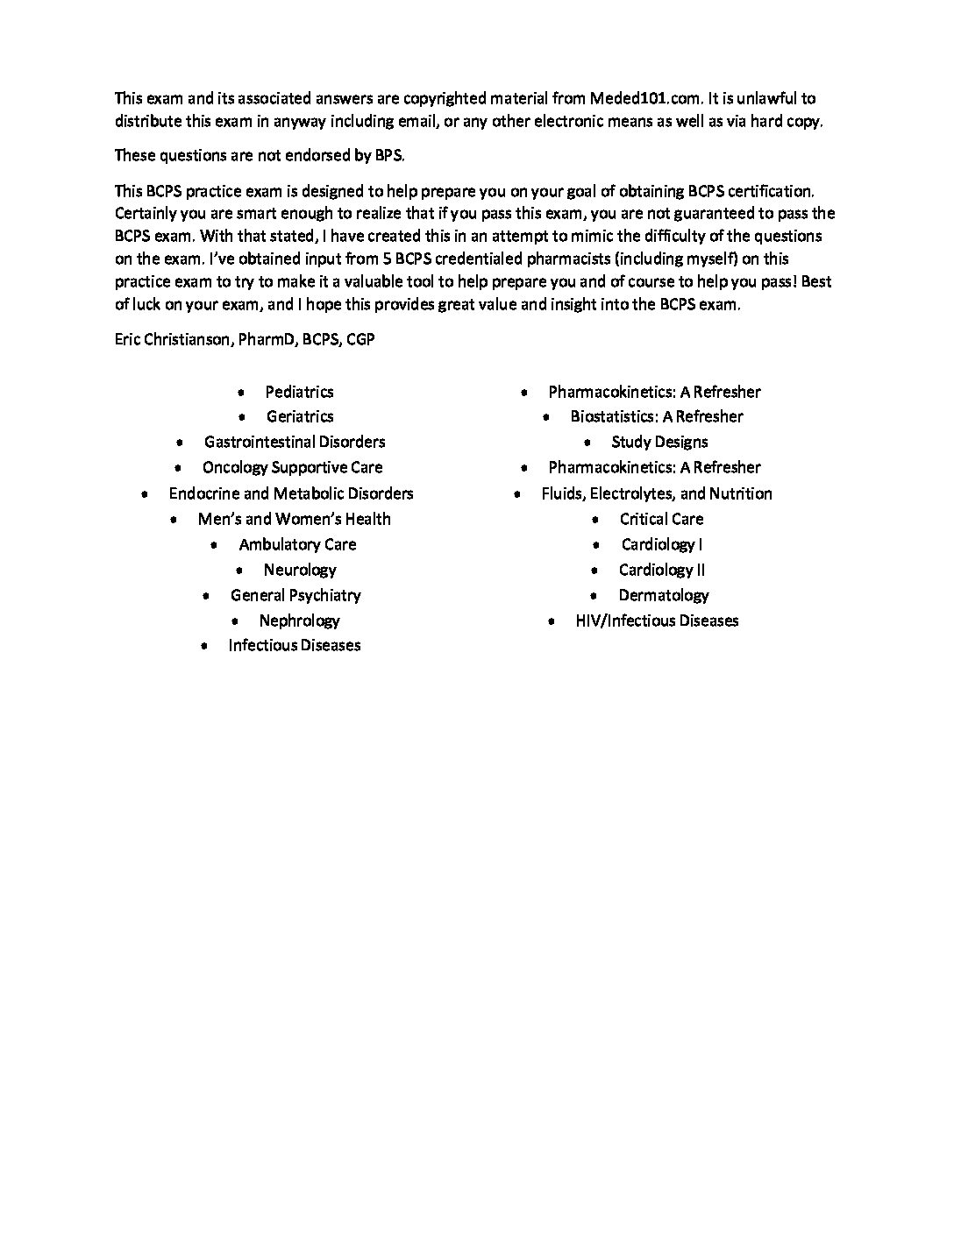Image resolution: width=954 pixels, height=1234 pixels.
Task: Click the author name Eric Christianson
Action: pyautogui.click(x=172, y=338)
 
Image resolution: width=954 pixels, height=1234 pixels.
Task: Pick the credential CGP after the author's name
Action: pyautogui.click(x=360, y=338)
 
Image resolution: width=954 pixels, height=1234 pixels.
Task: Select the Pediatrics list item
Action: pyautogui.click(x=299, y=392)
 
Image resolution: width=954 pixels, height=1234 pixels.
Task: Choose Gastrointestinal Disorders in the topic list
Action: pyautogui.click(x=295, y=442)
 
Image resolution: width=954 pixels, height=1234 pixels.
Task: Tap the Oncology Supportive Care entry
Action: pyautogui.click(x=292, y=467)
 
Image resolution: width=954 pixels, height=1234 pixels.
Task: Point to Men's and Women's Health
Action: pyautogui.click(x=294, y=519)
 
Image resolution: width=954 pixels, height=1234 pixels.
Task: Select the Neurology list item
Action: pyautogui.click(x=300, y=570)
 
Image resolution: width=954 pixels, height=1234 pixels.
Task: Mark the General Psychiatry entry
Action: pyautogui.click(x=295, y=595)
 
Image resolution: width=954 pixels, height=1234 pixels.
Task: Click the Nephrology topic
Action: pyautogui.click(x=299, y=621)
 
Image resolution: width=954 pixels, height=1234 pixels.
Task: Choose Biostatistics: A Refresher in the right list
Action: pyautogui.click(x=657, y=416)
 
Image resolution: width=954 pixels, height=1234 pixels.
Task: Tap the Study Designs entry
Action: pyautogui.click(x=659, y=442)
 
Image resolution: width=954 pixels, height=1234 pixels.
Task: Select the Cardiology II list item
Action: pyautogui.click(x=662, y=570)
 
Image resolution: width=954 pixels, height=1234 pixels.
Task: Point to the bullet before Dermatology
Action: pyautogui.click(x=595, y=596)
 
